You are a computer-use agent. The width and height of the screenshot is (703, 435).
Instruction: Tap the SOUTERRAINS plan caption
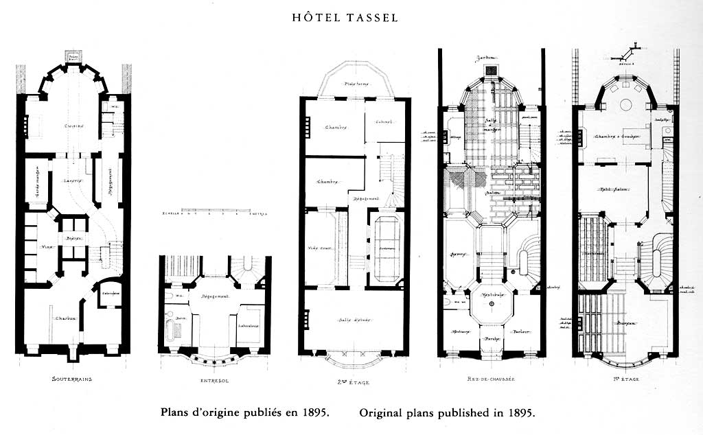point(72,379)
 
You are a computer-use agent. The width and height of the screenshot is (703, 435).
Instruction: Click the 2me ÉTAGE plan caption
point(355,379)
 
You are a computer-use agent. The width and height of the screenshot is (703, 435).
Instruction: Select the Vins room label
point(49,247)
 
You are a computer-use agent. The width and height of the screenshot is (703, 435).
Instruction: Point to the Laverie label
point(73,180)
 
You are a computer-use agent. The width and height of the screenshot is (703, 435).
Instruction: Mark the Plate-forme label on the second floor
point(356,84)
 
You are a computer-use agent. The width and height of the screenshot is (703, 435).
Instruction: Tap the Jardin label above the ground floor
point(489,58)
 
